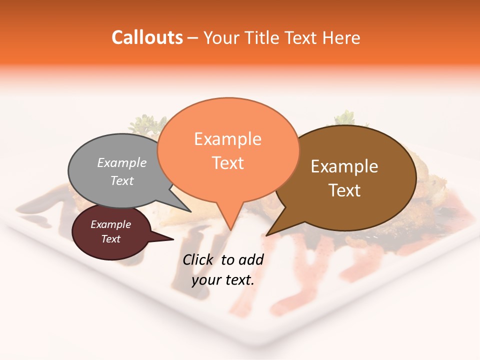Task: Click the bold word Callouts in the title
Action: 147,37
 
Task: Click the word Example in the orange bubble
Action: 227,139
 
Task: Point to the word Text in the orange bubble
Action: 227,163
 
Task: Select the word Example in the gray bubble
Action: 122,162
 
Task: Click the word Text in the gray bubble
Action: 122,180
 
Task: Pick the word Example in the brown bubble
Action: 344,166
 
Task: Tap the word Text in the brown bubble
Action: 344,190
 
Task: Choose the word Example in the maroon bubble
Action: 110,224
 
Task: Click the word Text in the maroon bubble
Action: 110,239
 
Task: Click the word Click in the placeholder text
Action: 198,259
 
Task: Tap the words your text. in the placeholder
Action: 223,280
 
